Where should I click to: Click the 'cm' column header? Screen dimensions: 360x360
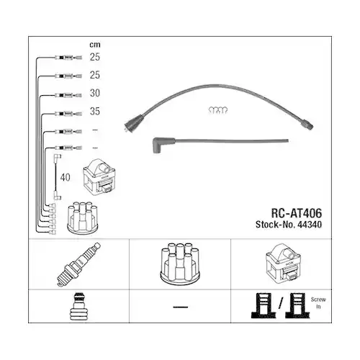point(94,45)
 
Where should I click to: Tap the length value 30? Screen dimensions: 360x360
point(96,93)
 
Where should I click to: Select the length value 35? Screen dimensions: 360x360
point(96,112)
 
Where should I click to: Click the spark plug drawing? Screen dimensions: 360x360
point(79,266)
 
